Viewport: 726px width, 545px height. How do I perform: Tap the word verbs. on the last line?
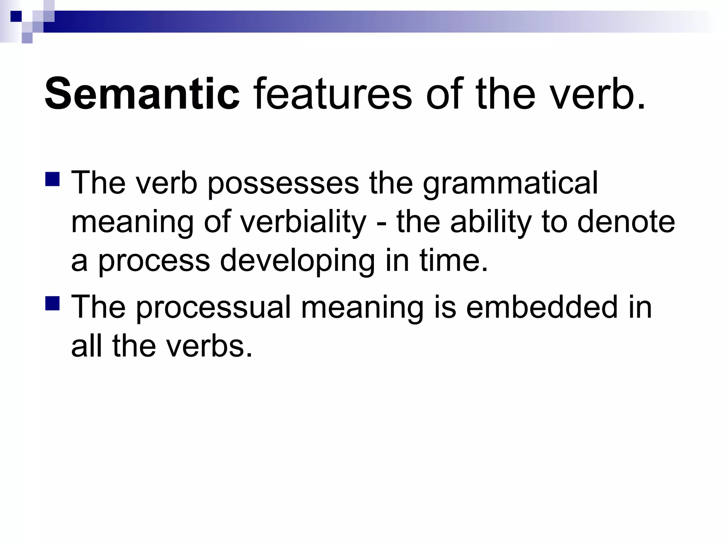(209, 346)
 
